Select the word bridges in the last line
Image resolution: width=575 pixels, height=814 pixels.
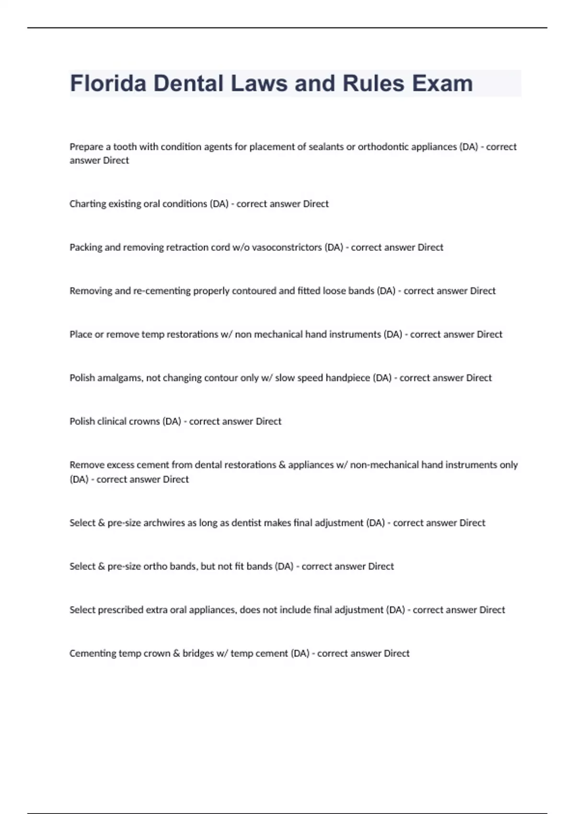pos(198,654)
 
